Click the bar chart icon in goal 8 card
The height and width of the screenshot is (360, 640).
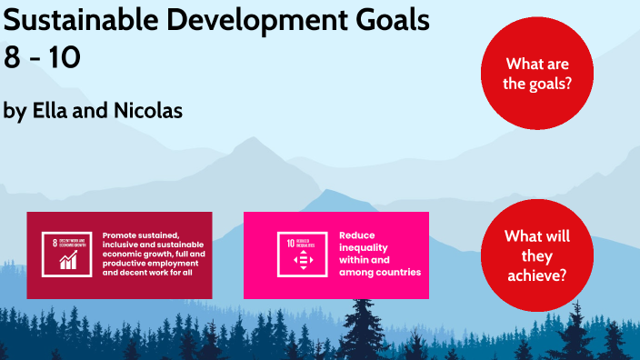[x=69, y=261]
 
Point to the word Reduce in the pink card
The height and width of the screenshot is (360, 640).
[x=356, y=235]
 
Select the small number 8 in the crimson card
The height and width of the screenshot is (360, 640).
[x=55, y=243]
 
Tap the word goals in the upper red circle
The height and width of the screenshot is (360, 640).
[x=555, y=82]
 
